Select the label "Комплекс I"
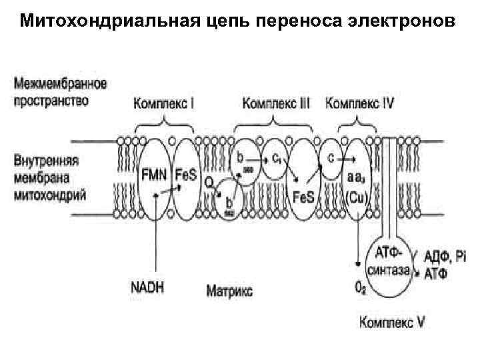point(164,104)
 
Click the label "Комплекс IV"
point(359,104)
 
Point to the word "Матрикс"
point(229,291)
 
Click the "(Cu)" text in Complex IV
point(356,198)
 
